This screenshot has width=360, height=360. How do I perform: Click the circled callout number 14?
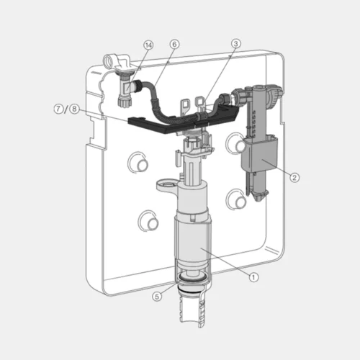click(148, 45)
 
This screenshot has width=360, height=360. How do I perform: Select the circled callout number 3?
click(235, 44)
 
